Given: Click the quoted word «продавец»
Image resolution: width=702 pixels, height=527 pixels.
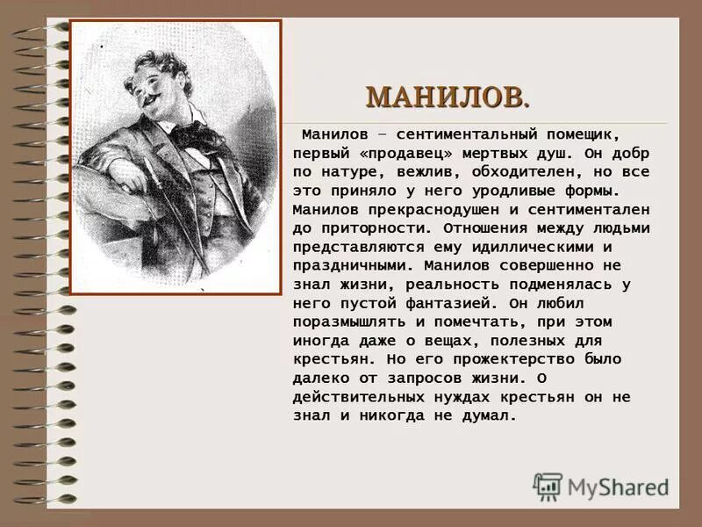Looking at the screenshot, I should tap(395, 154).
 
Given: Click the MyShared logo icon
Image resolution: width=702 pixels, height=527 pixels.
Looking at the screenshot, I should tap(548, 486).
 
